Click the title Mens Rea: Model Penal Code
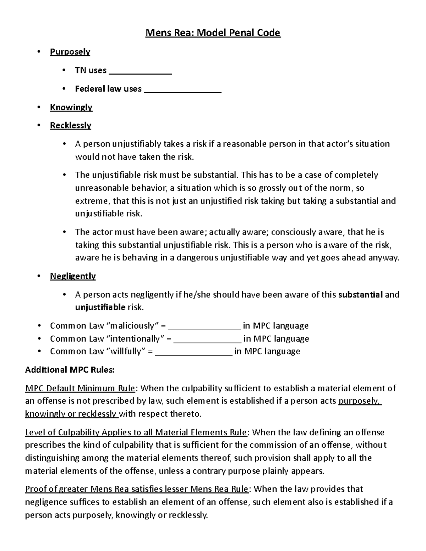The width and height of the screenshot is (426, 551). click(x=213, y=33)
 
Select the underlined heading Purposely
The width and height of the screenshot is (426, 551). click(x=70, y=52)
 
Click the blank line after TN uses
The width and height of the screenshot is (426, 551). click(x=140, y=72)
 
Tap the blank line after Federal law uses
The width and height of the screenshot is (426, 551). click(x=182, y=91)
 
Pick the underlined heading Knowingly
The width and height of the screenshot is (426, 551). click(x=71, y=107)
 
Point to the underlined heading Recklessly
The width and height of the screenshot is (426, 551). click(x=71, y=125)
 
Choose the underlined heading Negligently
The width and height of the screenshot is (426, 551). click(x=73, y=276)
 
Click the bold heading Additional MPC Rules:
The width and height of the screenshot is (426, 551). click(x=70, y=370)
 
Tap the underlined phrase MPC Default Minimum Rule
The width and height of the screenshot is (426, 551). click(x=80, y=388)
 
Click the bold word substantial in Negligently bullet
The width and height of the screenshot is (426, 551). click(x=361, y=294)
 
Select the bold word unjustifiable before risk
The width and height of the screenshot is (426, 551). click(x=100, y=307)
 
